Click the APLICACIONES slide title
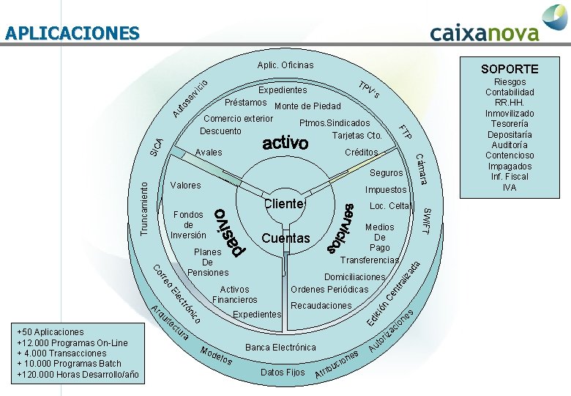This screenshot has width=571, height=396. (x=71, y=33)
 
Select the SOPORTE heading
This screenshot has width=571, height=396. (x=509, y=69)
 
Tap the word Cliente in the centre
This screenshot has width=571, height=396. (x=283, y=203)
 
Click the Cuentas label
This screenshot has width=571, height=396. (x=285, y=238)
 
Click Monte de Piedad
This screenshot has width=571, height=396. (x=307, y=106)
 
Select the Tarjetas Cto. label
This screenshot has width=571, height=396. (x=357, y=136)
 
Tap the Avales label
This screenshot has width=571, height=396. (x=209, y=153)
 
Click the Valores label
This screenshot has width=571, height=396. (x=185, y=186)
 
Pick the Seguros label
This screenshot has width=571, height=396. (x=386, y=173)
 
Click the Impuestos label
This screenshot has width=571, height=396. (x=385, y=190)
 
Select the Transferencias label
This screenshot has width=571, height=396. (x=370, y=260)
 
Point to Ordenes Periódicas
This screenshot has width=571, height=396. (x=329, y=289)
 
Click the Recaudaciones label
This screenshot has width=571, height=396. (x=321, y=305)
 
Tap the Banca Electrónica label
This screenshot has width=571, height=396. (x=280, y=347)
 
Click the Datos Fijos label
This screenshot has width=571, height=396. (x=283, y=373)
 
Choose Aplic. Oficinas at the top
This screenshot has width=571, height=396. (x=285, y=66)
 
